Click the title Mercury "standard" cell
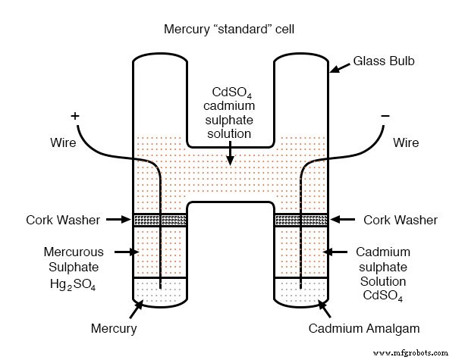click(x=232, y=30)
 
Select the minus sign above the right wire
click(x=385, y=115)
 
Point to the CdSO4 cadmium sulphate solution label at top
click(x=232, y=111)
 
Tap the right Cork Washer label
click(x=400, y=220)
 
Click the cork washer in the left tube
click(x=160, y=220)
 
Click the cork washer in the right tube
click(x=300, y=220)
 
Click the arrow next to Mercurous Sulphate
click(x=122, y=251)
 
